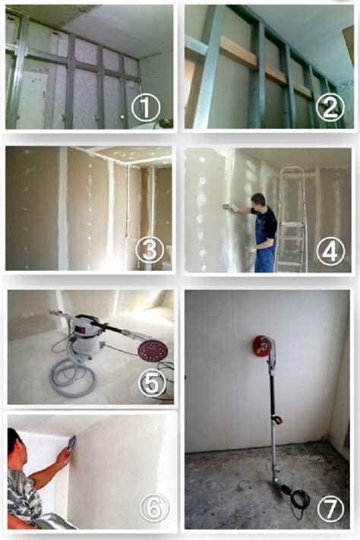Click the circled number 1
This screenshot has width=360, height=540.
146,108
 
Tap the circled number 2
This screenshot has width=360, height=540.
330,107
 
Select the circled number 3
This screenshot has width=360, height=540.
149,250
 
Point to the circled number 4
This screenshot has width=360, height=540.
330,251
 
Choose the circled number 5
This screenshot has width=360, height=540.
152,383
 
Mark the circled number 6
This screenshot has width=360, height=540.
153,508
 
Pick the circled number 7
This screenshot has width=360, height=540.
330,508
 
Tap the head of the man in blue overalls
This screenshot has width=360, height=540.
259,201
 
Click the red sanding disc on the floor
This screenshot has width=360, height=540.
153,350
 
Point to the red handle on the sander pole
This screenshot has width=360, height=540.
276,420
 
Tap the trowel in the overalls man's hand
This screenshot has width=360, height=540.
228,207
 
